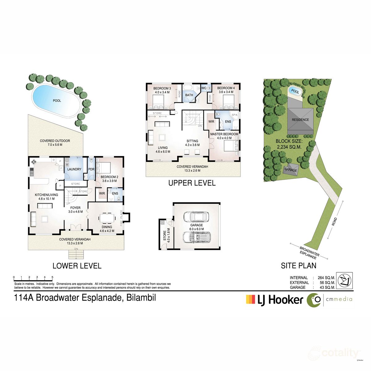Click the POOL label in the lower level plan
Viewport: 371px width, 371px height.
57,100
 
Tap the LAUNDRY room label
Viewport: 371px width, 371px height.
74,169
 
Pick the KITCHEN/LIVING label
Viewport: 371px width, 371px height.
46,195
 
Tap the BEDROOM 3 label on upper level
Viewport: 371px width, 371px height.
162,88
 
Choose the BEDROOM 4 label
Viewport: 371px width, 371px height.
226,88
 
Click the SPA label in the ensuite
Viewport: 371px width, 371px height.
235,115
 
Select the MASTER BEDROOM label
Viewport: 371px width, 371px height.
224,134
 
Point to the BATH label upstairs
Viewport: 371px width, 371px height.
189,95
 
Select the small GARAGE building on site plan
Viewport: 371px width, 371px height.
291,170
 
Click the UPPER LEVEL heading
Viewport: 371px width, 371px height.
192,183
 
